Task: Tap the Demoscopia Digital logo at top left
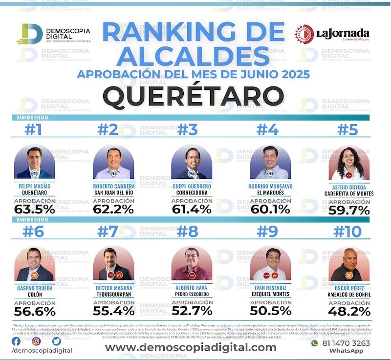pos(53,34)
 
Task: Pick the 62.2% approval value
pos(113,209)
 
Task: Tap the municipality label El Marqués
pos(270,192)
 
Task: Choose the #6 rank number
pos(34,231)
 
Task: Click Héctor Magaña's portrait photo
pos(113,264)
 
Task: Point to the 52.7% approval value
pos(192,311)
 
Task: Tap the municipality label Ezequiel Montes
pos(270,294)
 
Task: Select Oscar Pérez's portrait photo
pos(349,265)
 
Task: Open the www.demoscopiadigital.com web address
pos(191,347)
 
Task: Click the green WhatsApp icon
pos(314,343)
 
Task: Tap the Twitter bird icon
pos(57,341)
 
